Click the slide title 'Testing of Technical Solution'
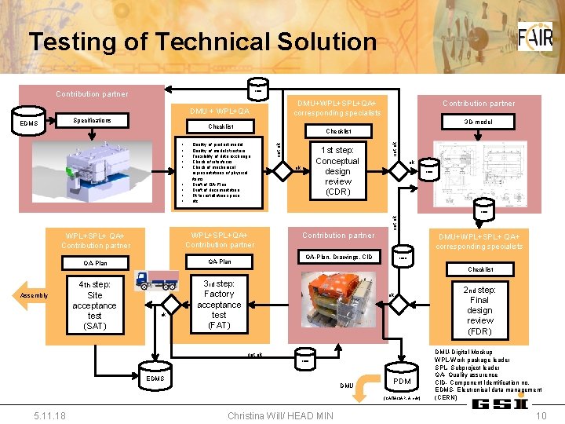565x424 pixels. pos(202,42)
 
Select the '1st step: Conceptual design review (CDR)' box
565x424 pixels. pos(337,171)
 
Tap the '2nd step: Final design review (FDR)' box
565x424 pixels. pos(479,310)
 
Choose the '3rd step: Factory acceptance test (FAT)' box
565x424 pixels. pos(219,304)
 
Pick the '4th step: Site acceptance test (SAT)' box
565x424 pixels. pos(94,305)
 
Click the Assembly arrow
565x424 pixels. pos(35,295)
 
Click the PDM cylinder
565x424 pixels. pos(402,378)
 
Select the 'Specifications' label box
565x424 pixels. pos(92,121)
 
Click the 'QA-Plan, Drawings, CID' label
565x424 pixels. pos(338,257)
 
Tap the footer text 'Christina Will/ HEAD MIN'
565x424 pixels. pos(279,415)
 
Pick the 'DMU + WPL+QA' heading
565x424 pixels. pos(221,110)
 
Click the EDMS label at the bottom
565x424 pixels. pos(156,378)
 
